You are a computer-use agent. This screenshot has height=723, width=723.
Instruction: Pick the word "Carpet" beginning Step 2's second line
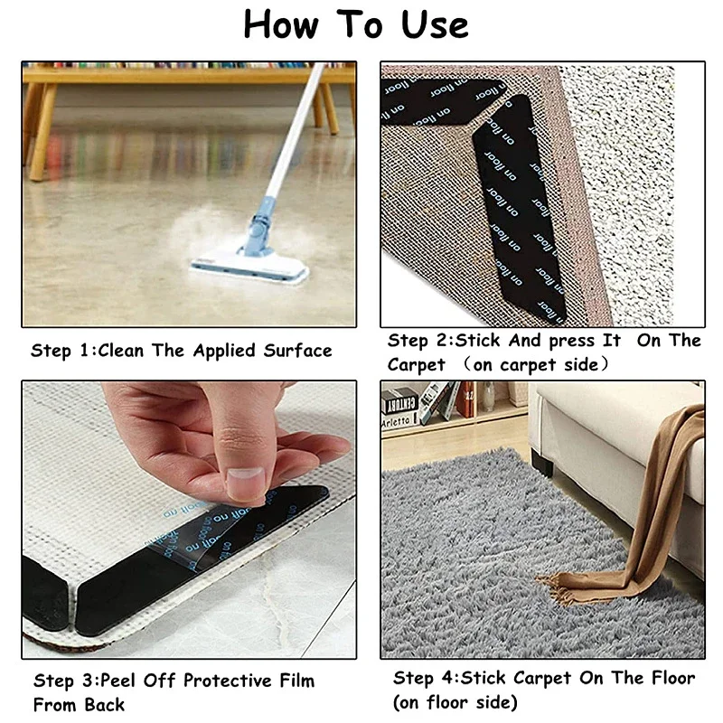417,365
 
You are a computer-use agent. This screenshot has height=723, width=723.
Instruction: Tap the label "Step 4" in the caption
425,678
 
